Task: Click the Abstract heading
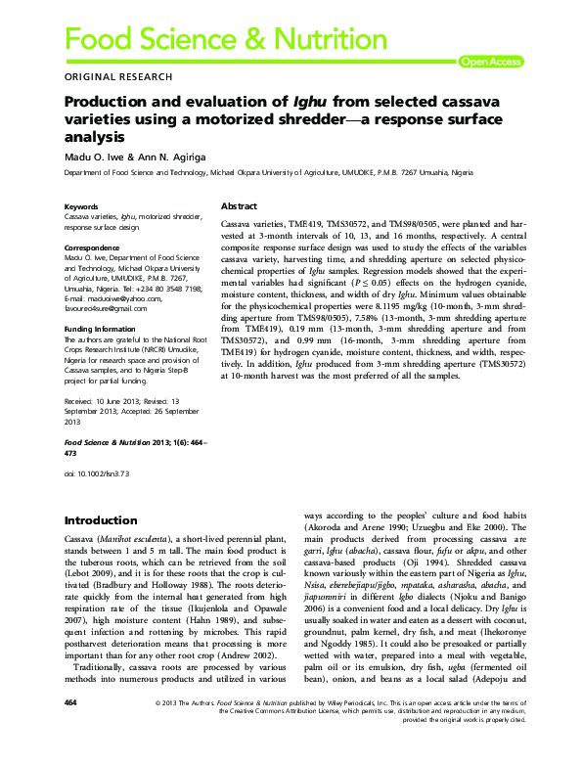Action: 239,207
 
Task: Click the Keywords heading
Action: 80,207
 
